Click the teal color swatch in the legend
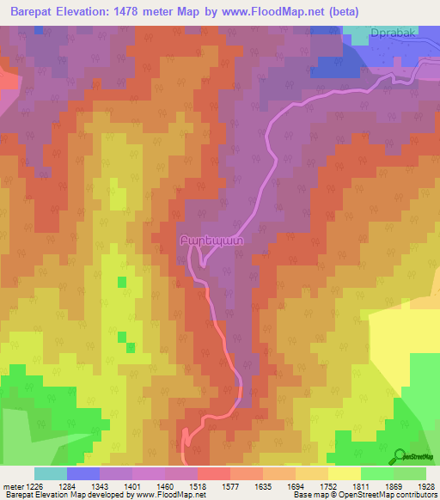[x=50, y=473]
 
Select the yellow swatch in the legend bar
[x=344, y=473]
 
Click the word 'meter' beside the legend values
[x=13, y=486]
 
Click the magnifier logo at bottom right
[x=400, y=456]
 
